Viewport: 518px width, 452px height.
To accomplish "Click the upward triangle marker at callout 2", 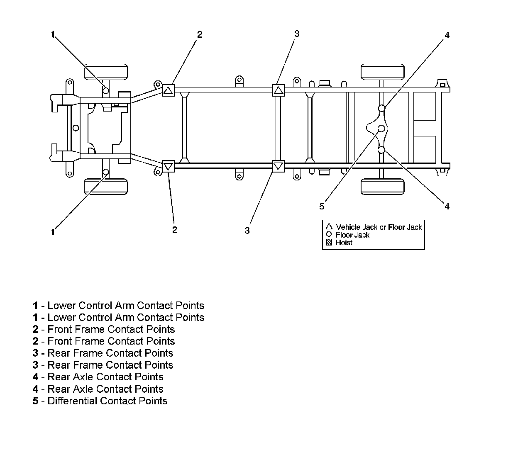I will tap(168, 90).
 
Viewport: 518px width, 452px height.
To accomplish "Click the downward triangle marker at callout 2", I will tap(168, 166).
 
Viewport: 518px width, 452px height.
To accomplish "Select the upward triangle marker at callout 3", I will tap(278, 90).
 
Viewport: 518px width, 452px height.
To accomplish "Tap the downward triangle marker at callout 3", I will tap(278, 166).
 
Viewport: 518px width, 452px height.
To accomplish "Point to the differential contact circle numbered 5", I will tap(381, 129).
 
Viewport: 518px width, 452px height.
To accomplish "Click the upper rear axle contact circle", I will tap(381, 108).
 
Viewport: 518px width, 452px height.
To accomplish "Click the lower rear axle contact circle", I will tap(381, 150).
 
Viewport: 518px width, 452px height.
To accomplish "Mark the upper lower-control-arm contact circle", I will tap(106, 90).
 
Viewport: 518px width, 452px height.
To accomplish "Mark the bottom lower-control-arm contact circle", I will tap(106, 172).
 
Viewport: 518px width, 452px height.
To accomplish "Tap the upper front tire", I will tap(105, 72).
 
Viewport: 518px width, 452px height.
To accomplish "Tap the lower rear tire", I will tap(382, 186).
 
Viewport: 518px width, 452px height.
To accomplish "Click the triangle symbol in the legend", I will tap(329, 227).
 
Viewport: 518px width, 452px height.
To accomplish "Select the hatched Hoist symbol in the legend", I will tap(329, 243).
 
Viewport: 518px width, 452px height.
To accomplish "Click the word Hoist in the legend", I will tap(344, 243).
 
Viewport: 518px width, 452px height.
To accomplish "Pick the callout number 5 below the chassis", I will tap(322, 206).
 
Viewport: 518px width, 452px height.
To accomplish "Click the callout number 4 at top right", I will tap(447, 35).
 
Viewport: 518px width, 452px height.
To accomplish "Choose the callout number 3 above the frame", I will tap(296, 34).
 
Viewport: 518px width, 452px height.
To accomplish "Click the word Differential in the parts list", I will tap(72, 401).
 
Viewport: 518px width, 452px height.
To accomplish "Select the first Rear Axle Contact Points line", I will tap(98, 377).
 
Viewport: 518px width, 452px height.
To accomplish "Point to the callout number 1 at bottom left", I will tap(53, 232).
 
